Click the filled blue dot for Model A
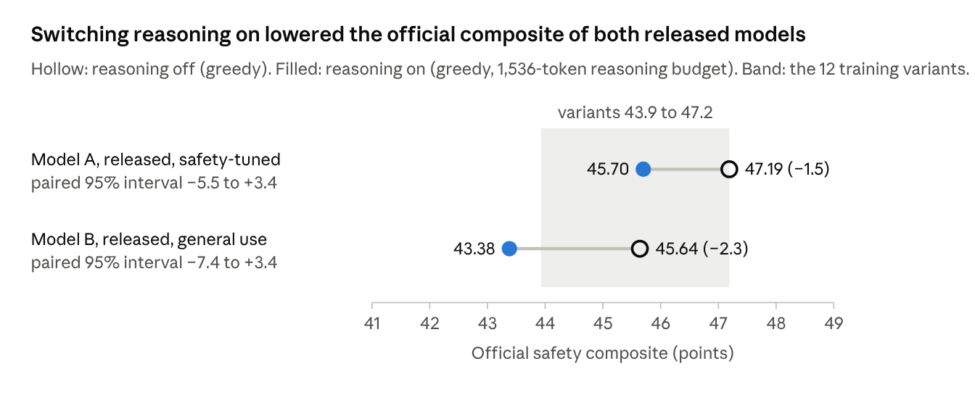tap(643, 169)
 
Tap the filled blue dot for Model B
tap(509, 249)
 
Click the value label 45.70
tap(608, 169)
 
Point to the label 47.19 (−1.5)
tap(787, 169)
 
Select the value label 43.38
tap(474, 249)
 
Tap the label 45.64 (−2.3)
tap(702, 249)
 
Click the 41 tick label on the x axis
tap(372, 323)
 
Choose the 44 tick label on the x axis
tap(545, 323)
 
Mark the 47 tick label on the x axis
tap(718, 323)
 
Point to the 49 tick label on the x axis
tap(834, 323)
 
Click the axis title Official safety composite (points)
tap(602, 353)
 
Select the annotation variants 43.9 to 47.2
tap(635, 112)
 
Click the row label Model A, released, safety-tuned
tap(156, 159)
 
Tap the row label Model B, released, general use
tap(149, 239)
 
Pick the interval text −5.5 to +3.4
tap(231, 183)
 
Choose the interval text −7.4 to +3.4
tap(231, 263)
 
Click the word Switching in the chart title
tap(80, 34)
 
